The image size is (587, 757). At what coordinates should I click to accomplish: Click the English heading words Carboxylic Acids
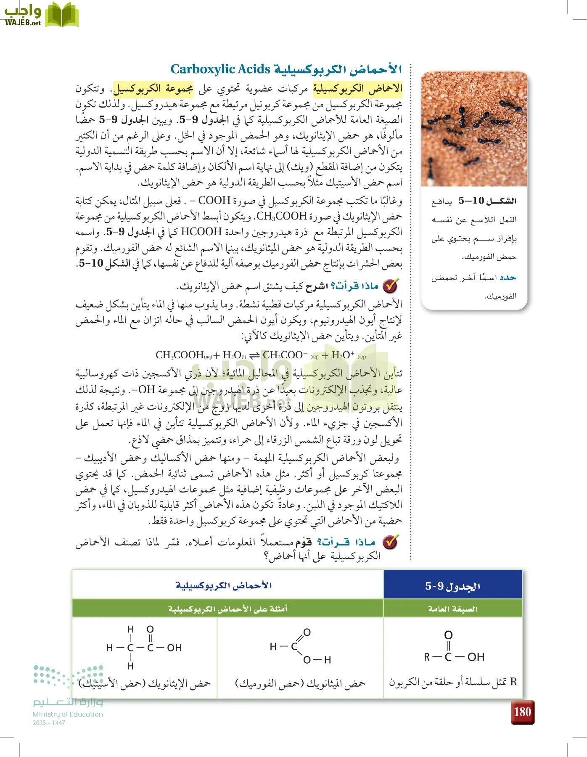tap(220, 69)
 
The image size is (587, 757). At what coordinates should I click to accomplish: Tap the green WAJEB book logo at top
tap(61, 15)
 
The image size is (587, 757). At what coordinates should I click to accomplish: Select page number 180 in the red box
tap(522, 712)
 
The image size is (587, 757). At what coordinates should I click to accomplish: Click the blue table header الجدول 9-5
tap(452, 586)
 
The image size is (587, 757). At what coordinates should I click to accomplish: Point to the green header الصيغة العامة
tap(452, 609)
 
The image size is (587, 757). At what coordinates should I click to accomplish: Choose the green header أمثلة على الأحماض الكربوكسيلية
tap(227, 609)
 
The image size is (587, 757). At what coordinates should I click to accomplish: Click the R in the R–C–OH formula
tap(427, 657)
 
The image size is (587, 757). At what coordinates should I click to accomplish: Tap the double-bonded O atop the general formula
tap(448, 635)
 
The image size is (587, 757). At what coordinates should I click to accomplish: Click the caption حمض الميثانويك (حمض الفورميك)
tap(300, 683)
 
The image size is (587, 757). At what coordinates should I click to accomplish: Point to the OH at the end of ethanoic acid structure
tap(174, 648)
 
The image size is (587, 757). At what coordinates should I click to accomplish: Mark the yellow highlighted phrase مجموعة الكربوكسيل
tap(153, 88)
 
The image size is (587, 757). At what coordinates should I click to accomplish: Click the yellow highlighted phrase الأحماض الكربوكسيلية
tap(357, 88)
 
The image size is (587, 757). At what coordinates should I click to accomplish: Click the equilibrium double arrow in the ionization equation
tap(254, 356)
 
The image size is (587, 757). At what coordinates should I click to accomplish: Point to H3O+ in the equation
tap(343, 355)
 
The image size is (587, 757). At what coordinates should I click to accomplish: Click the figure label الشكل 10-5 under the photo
tap(487, 201)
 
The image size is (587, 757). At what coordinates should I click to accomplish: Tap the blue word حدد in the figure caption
tap(508, 278)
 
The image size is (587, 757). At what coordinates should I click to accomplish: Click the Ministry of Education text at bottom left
tap(68, 714)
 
